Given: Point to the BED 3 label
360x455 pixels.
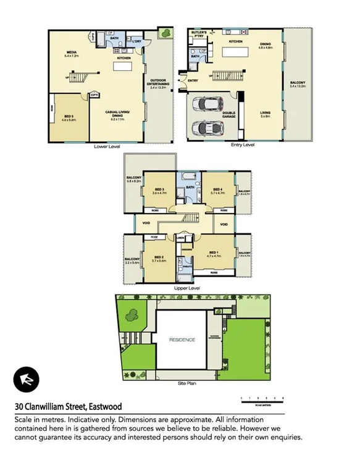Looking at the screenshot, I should pos(159,189).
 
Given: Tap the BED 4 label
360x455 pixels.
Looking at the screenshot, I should pos(217,189).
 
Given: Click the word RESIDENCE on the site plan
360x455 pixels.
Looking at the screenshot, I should pos(182,340).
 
